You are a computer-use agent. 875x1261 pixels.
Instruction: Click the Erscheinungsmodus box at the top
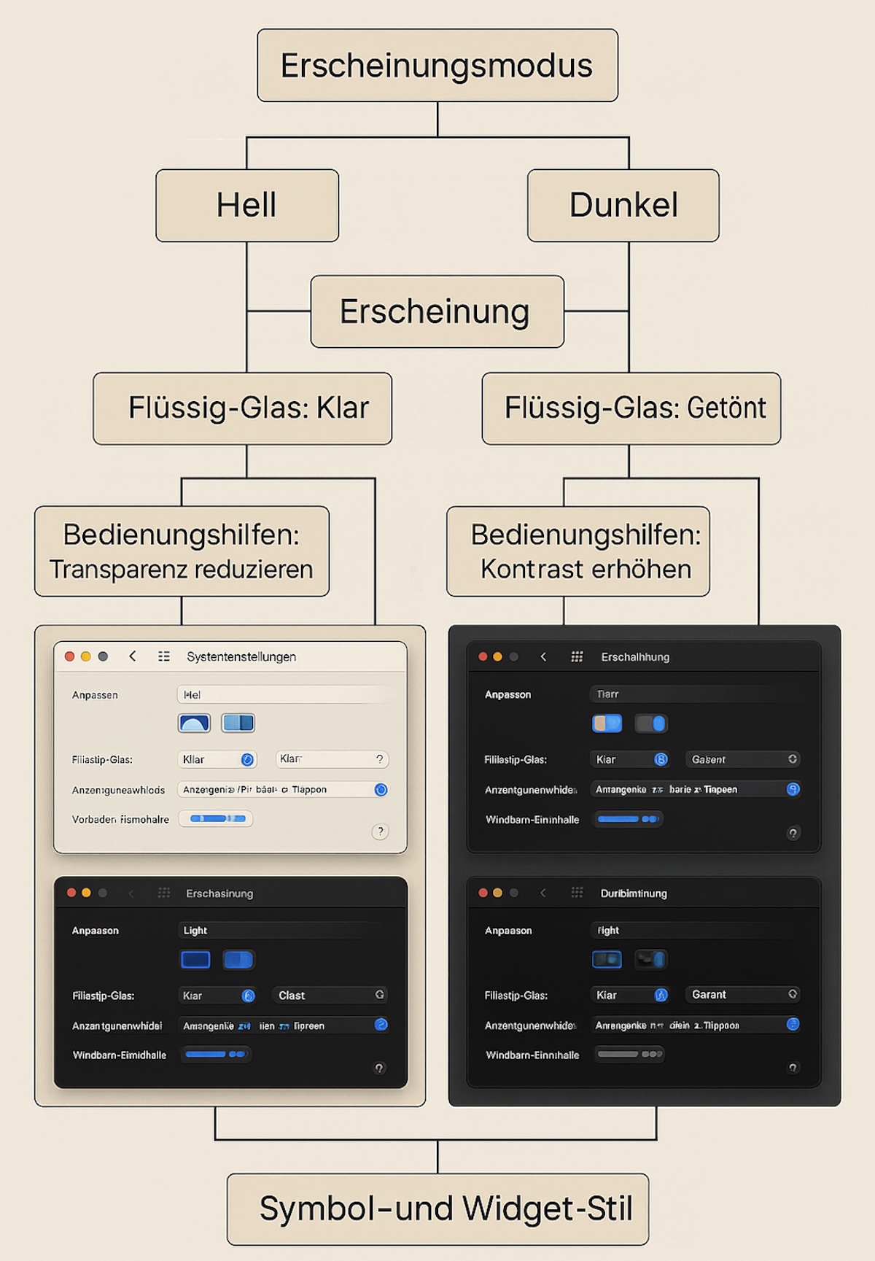(x=437, y=66)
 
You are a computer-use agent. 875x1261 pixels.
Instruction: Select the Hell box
(x=247, y=206)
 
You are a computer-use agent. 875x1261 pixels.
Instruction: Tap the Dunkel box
(x=623, y=206)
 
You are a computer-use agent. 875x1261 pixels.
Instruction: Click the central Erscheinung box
(x=437, y=311)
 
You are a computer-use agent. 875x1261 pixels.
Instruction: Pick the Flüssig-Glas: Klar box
(x=242, y=408)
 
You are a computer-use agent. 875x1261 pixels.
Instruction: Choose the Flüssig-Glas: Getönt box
(x=631, y=408)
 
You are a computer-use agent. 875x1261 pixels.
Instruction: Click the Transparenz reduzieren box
(x=182, y=551)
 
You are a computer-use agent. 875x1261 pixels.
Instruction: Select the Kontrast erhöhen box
(x=578, y=551)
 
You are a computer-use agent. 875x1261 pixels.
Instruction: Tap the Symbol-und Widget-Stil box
(x=437, y=1209)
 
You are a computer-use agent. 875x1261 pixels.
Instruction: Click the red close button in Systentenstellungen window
(x=70, y=656)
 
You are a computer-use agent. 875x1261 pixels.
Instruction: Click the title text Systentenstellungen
(x=241, y=657)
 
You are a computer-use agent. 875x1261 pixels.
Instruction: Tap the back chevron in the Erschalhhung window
(x=543, y=657)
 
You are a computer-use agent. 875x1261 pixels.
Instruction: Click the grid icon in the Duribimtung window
(x=577, y=893)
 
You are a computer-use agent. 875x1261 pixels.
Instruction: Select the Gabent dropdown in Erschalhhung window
(x=742, y=759)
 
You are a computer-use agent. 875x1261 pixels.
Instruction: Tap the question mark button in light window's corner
(x=380, y=831)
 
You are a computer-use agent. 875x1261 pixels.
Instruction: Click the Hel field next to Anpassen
(x=284, y=695)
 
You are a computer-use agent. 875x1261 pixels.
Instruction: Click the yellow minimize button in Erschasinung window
(x=86, y=893)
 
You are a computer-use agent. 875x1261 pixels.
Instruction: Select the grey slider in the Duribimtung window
(x=629, y=1054)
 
